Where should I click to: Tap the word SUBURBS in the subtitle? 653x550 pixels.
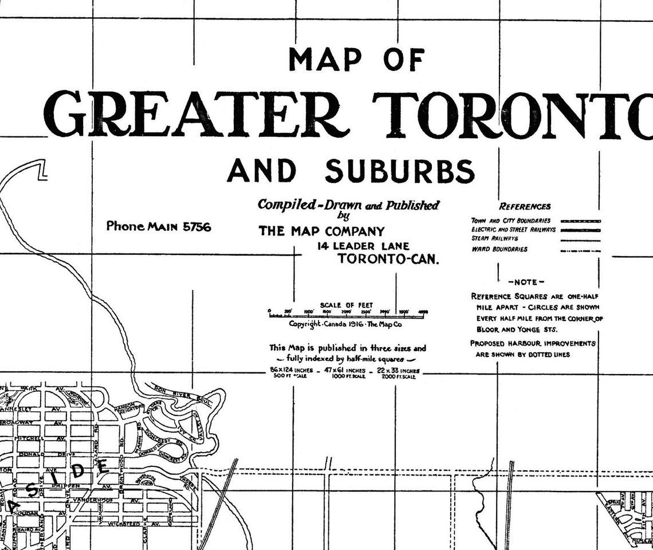pos(400,171)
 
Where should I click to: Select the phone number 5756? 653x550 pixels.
pos(196,227)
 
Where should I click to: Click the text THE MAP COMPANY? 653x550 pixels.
pos(321,231)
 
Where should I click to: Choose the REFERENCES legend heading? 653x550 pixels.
pos(525,207)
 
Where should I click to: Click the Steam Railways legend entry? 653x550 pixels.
pos(494,238)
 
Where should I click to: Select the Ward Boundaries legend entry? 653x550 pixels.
pos(499,250)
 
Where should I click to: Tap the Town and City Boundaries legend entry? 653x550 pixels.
pos(510,221)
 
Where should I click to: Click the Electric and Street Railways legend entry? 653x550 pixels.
pos(513,229)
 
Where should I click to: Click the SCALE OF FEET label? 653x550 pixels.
pos(347,305)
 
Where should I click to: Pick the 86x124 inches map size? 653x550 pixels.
pos(292,371)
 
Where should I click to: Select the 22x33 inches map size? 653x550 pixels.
pos(397,371)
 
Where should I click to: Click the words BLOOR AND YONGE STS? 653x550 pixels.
pos(516,330)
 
